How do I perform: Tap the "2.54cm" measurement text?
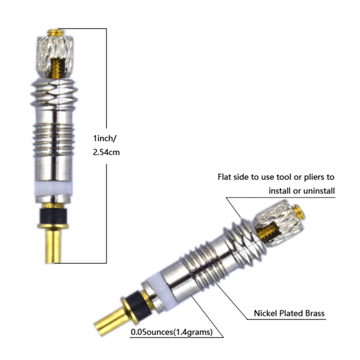(106, 152)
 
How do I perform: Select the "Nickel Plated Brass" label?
(289, 313)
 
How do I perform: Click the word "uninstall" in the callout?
(314, 191)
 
